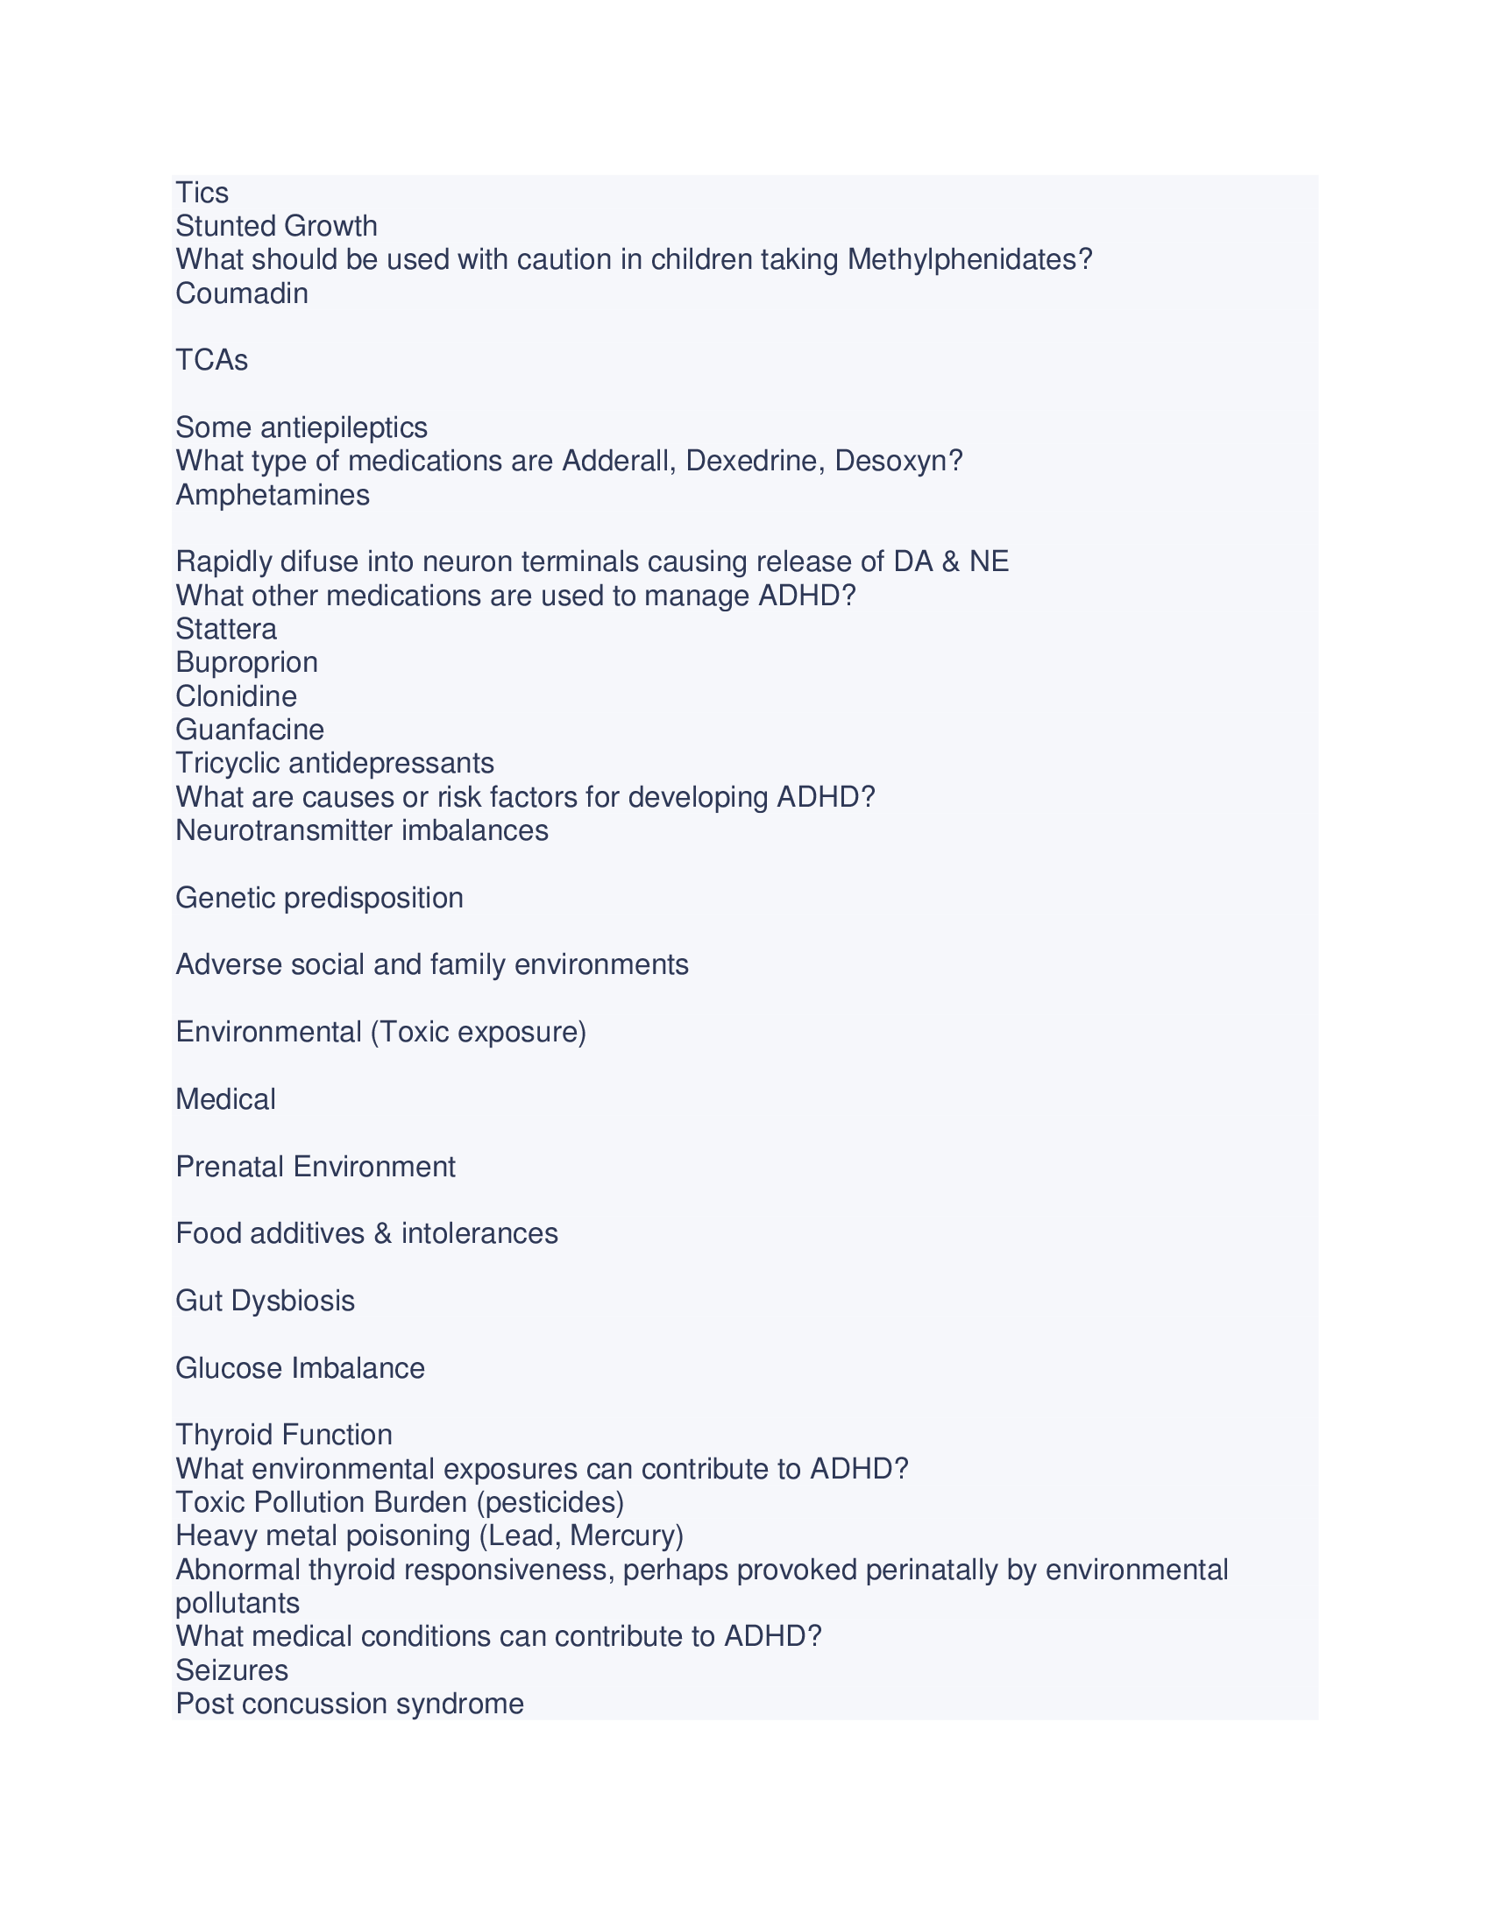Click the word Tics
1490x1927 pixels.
tap(202, 194)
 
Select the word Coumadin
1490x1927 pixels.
tap(242, 293)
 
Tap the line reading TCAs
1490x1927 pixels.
tap(212, 361)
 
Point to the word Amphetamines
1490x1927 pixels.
tap(273, 496)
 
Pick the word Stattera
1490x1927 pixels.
tap(226, 630)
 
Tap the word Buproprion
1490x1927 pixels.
tap(247, 664)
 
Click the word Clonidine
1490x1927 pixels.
tap(237, 697)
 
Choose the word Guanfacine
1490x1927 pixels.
tap(250, 731)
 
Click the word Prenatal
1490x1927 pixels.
tap(231, 1168)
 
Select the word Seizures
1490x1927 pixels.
tap(232, 1671)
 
